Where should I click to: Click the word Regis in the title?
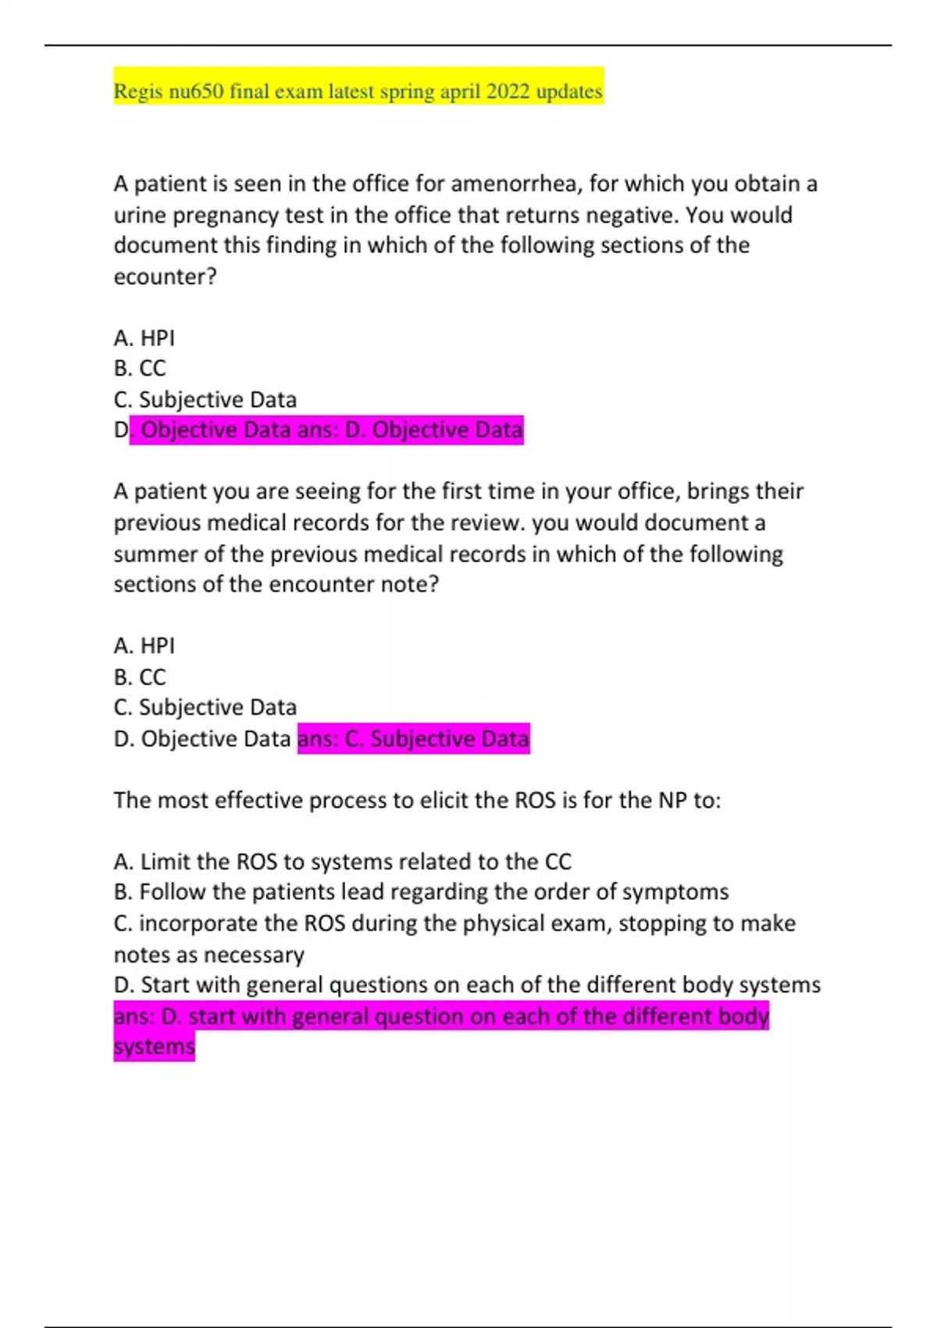pyautogui.click(x=138, y=92)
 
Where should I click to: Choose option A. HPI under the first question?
pyautogui.click(x=144, y=338)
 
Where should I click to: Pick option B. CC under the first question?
pyautogui.click(x=140, y=369)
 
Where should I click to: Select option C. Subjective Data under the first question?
pyautogui.click(x=205, y=400)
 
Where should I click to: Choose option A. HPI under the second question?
pyautogui.click(x=144, y=646)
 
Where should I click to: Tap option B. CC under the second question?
pyautogui.click(x=140, y=676)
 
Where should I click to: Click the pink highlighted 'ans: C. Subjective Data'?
pyautogui.click(x=413, y=739)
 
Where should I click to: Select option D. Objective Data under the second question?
pyautogui.click(x=202, y=739)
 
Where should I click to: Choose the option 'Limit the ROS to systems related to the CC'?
pyautogui.click(x=343, y=862)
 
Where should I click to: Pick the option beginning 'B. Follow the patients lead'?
pyautogui.click(x=421, y=892)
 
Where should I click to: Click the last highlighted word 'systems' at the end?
pyautogui.click(x=154, y=1047)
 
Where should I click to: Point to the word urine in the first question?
pyautogui.click(x=140, y=216)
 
